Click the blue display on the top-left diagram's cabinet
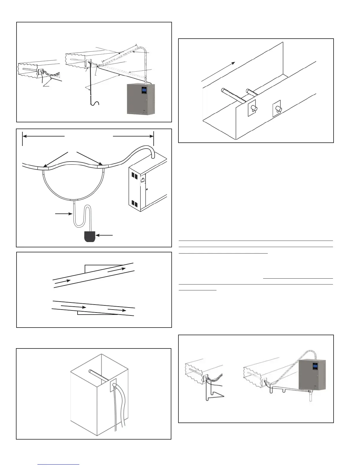pyautogui.click(x=144, y=90)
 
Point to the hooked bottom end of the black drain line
pyautogui.click(x=95, y=103)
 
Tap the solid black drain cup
pyautogui.click(x=90, y=237)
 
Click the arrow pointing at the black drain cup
pyautogui.click(x=105, y=235)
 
